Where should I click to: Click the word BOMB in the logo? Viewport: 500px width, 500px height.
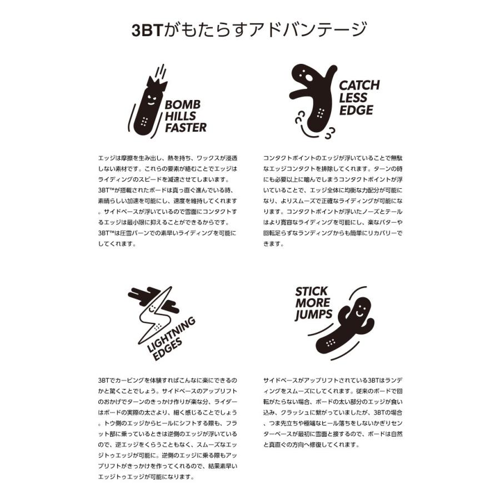(183, 104)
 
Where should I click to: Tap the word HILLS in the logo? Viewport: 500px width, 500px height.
(180, 116)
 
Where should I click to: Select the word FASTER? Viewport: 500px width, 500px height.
(186, 128)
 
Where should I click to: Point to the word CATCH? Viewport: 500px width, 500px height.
(359, 86)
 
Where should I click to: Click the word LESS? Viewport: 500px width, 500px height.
(353, 98)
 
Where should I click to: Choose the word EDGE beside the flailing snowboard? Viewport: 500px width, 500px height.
(356, 111)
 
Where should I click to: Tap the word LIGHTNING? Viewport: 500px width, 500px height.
(171, 335)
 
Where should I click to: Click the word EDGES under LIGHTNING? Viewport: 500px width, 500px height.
(168, 349)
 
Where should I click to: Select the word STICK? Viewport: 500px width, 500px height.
(311, 292)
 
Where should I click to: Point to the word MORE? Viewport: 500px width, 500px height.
(312, 303)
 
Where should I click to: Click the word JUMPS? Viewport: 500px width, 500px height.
(313, 315)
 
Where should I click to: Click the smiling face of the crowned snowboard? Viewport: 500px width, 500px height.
(152, 99)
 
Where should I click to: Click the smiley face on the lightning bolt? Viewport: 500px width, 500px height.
(152, 308)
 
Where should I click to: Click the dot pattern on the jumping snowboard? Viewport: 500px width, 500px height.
(331, 343)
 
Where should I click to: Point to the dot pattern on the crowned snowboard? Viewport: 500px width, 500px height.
(144, 122)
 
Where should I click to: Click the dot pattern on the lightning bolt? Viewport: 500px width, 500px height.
(158, 327)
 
